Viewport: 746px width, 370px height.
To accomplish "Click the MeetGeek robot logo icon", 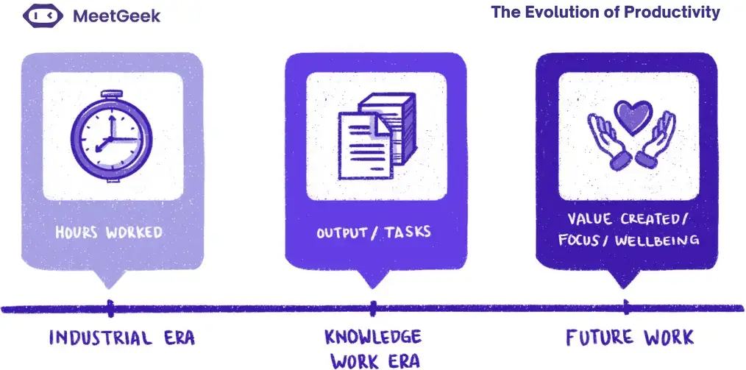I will [43, 16].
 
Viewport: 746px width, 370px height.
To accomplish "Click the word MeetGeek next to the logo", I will [116, 16].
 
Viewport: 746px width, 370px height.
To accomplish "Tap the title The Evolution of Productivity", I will [605, 13].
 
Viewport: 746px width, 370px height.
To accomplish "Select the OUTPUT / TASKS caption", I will [374, 232].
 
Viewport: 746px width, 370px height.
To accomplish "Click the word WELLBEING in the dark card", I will [660, 241].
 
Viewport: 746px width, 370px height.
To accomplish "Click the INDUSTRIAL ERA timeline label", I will [121, 338].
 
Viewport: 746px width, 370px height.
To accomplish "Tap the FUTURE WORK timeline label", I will [629, 338].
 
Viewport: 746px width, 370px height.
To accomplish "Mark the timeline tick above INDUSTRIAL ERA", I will [110, 307].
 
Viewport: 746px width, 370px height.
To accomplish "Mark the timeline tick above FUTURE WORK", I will [625, 307].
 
